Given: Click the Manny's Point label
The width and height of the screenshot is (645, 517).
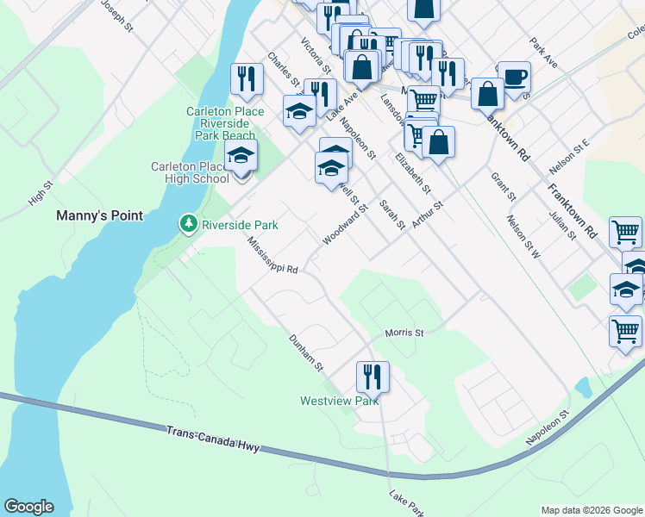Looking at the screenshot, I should [99, 215].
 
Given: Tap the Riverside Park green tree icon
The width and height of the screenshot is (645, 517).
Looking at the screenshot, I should [188, 224].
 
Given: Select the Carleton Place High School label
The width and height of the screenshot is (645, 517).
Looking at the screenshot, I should [189, 172].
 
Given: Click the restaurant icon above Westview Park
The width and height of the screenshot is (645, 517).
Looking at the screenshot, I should [373, 376].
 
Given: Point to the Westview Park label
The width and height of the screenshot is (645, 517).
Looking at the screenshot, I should [339, 401].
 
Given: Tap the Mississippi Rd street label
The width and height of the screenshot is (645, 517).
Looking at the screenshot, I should [272, 257].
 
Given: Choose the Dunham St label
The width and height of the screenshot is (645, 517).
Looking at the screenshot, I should [305, 353].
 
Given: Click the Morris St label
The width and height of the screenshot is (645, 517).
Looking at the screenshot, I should [404, 332].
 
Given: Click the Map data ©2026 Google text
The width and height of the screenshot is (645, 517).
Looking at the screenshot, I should [591, 510].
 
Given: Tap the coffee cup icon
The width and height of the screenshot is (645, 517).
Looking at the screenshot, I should [514, 76].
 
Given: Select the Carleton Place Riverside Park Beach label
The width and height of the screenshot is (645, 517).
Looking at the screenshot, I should [222, 123].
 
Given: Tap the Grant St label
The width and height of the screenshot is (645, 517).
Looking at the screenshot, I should [503, 185].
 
